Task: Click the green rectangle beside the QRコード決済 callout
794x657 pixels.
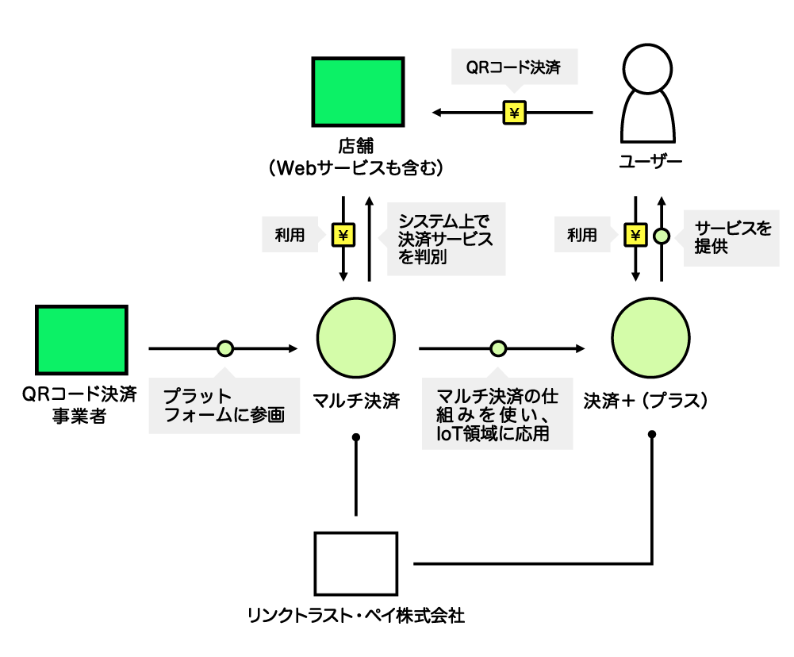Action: (x=358, y=92)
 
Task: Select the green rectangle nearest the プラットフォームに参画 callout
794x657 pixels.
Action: (x=82, y=340)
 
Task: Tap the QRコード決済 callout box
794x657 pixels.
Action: (x=514, y=67)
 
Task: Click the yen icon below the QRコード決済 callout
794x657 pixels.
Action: (x=515, y=113)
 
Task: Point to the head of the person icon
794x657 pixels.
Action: (x=647, y=68)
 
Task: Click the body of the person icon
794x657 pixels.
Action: (x=647, y=119)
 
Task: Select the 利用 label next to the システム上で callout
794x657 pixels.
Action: (x=290, y=234)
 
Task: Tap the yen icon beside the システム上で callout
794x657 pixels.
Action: (x=343, y=235)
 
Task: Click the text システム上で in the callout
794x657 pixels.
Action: (x=443, y=221)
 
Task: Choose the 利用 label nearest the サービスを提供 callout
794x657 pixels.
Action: (x=582, y=234)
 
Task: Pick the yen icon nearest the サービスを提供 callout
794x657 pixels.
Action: (x=635, y=235)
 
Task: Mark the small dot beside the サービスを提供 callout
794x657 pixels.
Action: (x=662, y=236)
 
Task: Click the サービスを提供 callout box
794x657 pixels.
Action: (x=731, y=237)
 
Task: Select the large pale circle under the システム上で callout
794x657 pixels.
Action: (x=356, y=338)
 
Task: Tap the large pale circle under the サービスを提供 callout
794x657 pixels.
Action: (x=650, y=338)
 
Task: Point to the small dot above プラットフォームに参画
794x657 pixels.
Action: (x=225, y=348)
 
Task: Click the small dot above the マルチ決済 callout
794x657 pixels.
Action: (x=498, y=348)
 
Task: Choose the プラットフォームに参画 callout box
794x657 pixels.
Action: (x=224, y=405)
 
